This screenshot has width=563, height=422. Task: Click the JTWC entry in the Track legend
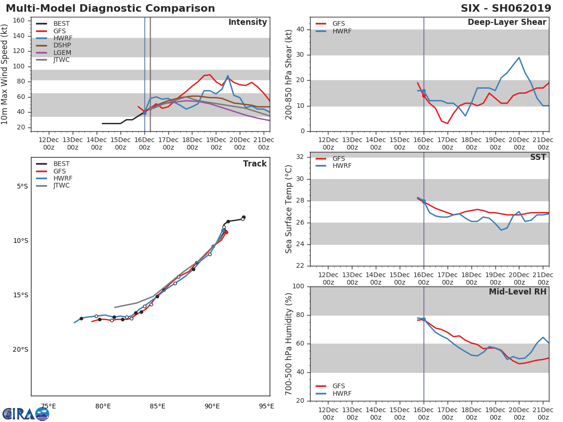click(61, 186)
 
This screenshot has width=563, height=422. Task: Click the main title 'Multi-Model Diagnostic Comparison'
click(110, 8)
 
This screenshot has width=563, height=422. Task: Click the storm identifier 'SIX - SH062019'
click(506, 8)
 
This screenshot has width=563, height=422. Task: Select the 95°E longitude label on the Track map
click(266, 406)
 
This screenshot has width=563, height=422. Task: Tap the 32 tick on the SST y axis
click(300, 157)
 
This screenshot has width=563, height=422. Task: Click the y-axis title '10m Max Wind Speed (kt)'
click(5, 74)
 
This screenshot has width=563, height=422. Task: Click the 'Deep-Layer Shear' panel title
click(507, 23)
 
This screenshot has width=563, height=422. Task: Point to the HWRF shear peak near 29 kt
click(519, 58)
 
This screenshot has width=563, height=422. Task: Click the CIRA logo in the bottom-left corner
click(26, 414)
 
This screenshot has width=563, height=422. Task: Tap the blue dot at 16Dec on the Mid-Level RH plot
click(424, 319)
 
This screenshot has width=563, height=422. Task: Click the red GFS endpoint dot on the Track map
click(226, 232)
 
